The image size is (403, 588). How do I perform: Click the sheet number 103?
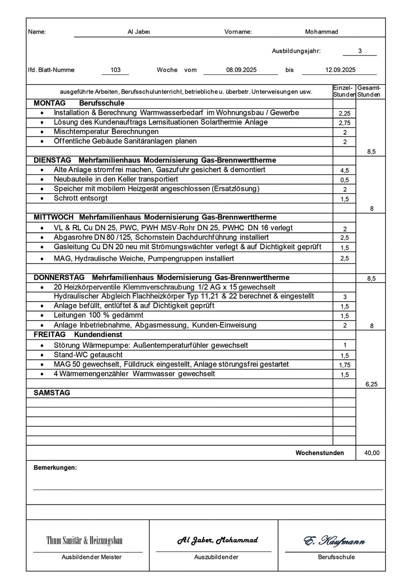pyautogui.click(x=116, y=70)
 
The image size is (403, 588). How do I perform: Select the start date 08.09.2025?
pyautogui.click(x=241, y=70)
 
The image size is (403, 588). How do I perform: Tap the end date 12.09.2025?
pyautogui.click(x=340, y=70)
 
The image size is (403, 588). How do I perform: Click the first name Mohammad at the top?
pyautogui.click(x=322, y=32)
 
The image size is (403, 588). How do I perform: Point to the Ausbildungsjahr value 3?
pyautogui.click(x=360, y=51)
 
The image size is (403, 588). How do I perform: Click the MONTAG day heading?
pyautogui.click(x=49, y=103)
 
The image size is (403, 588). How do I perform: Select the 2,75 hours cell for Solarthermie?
pyautogui.click(x=344, y=123)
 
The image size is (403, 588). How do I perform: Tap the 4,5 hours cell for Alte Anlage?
pyautogui.click(x=344, y=170)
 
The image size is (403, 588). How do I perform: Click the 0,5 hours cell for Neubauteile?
pyautogui.click(x=344, y=180)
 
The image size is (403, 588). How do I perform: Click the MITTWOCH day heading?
pyautogui.click(x=55, y=217)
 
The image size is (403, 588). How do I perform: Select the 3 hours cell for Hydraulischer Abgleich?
pyautogui.click(x=344, y=297)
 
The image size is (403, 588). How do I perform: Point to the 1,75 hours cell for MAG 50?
pyautogui.click(x=344, y=365)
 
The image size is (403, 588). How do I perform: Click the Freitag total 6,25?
pyautogui.click(x=371, y=384)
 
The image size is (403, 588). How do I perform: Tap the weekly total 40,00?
pyautogui.click(x=372, y=453)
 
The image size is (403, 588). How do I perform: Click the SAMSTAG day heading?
pyautogui.click(x=52, y=393)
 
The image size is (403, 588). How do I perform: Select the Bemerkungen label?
pyautogui.click(x=55, y=468)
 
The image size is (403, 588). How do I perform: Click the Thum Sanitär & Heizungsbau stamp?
pyautogui.click(x=85, y=540)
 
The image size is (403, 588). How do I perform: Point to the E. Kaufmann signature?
pyautogui.click(x=334, y=541)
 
